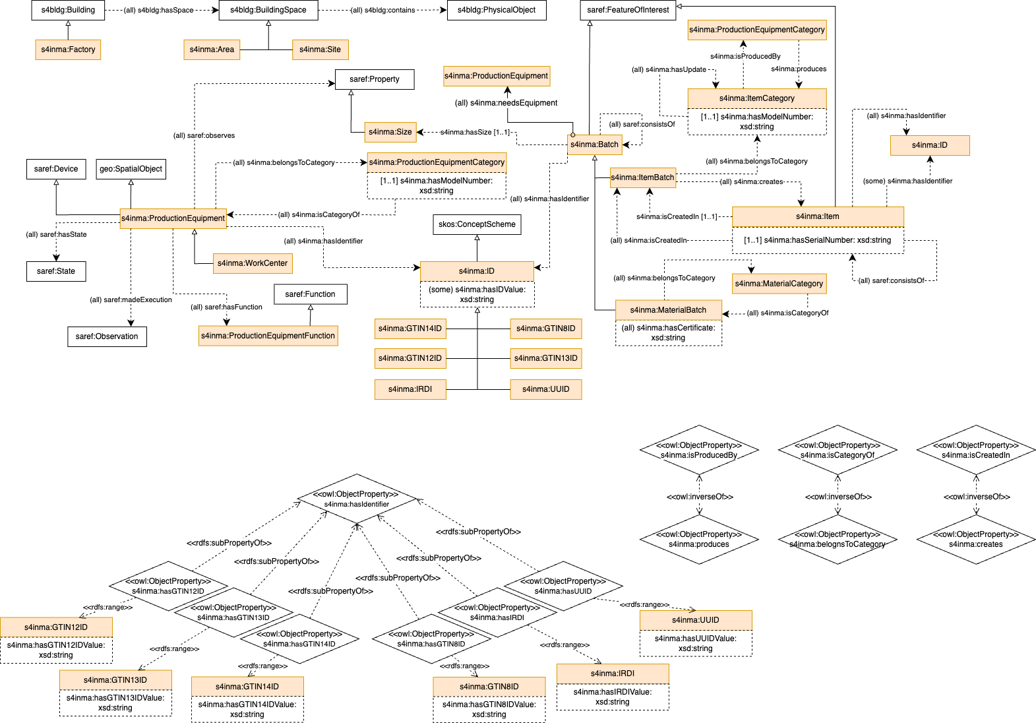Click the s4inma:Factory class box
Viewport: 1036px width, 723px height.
pos(68,49)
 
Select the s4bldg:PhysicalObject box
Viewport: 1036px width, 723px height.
pos(497,10)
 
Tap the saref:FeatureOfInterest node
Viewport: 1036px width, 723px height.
pos(628,10)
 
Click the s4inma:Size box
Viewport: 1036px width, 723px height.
pos(390,132)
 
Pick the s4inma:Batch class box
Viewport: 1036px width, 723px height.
pos(594,144)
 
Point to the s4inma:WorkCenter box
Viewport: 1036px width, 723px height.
pos(253,263)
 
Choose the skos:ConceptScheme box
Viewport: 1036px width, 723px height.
pos(477,224)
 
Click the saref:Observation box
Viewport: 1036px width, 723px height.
pos(107,336)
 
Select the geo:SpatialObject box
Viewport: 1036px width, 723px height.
pos(131,169)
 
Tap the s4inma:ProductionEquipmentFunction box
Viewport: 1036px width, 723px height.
pos(268,336)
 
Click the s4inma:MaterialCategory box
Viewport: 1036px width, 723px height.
pos(779,284)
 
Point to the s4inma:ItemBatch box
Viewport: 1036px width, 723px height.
pos(642,177)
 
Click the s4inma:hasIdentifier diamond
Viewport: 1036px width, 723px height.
pos(357,499)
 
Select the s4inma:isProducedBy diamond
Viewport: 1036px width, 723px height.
pos(699,451)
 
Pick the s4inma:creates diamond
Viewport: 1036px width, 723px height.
pos(975,540)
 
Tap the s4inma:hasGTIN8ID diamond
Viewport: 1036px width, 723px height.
pos(431,639)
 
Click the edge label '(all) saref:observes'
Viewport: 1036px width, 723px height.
pos(204,135)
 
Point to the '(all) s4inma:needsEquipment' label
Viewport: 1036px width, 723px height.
pos(506,103)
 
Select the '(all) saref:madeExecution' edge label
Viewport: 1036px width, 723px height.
pos(131,299)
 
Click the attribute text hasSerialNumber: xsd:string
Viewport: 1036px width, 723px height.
pos(817,240)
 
